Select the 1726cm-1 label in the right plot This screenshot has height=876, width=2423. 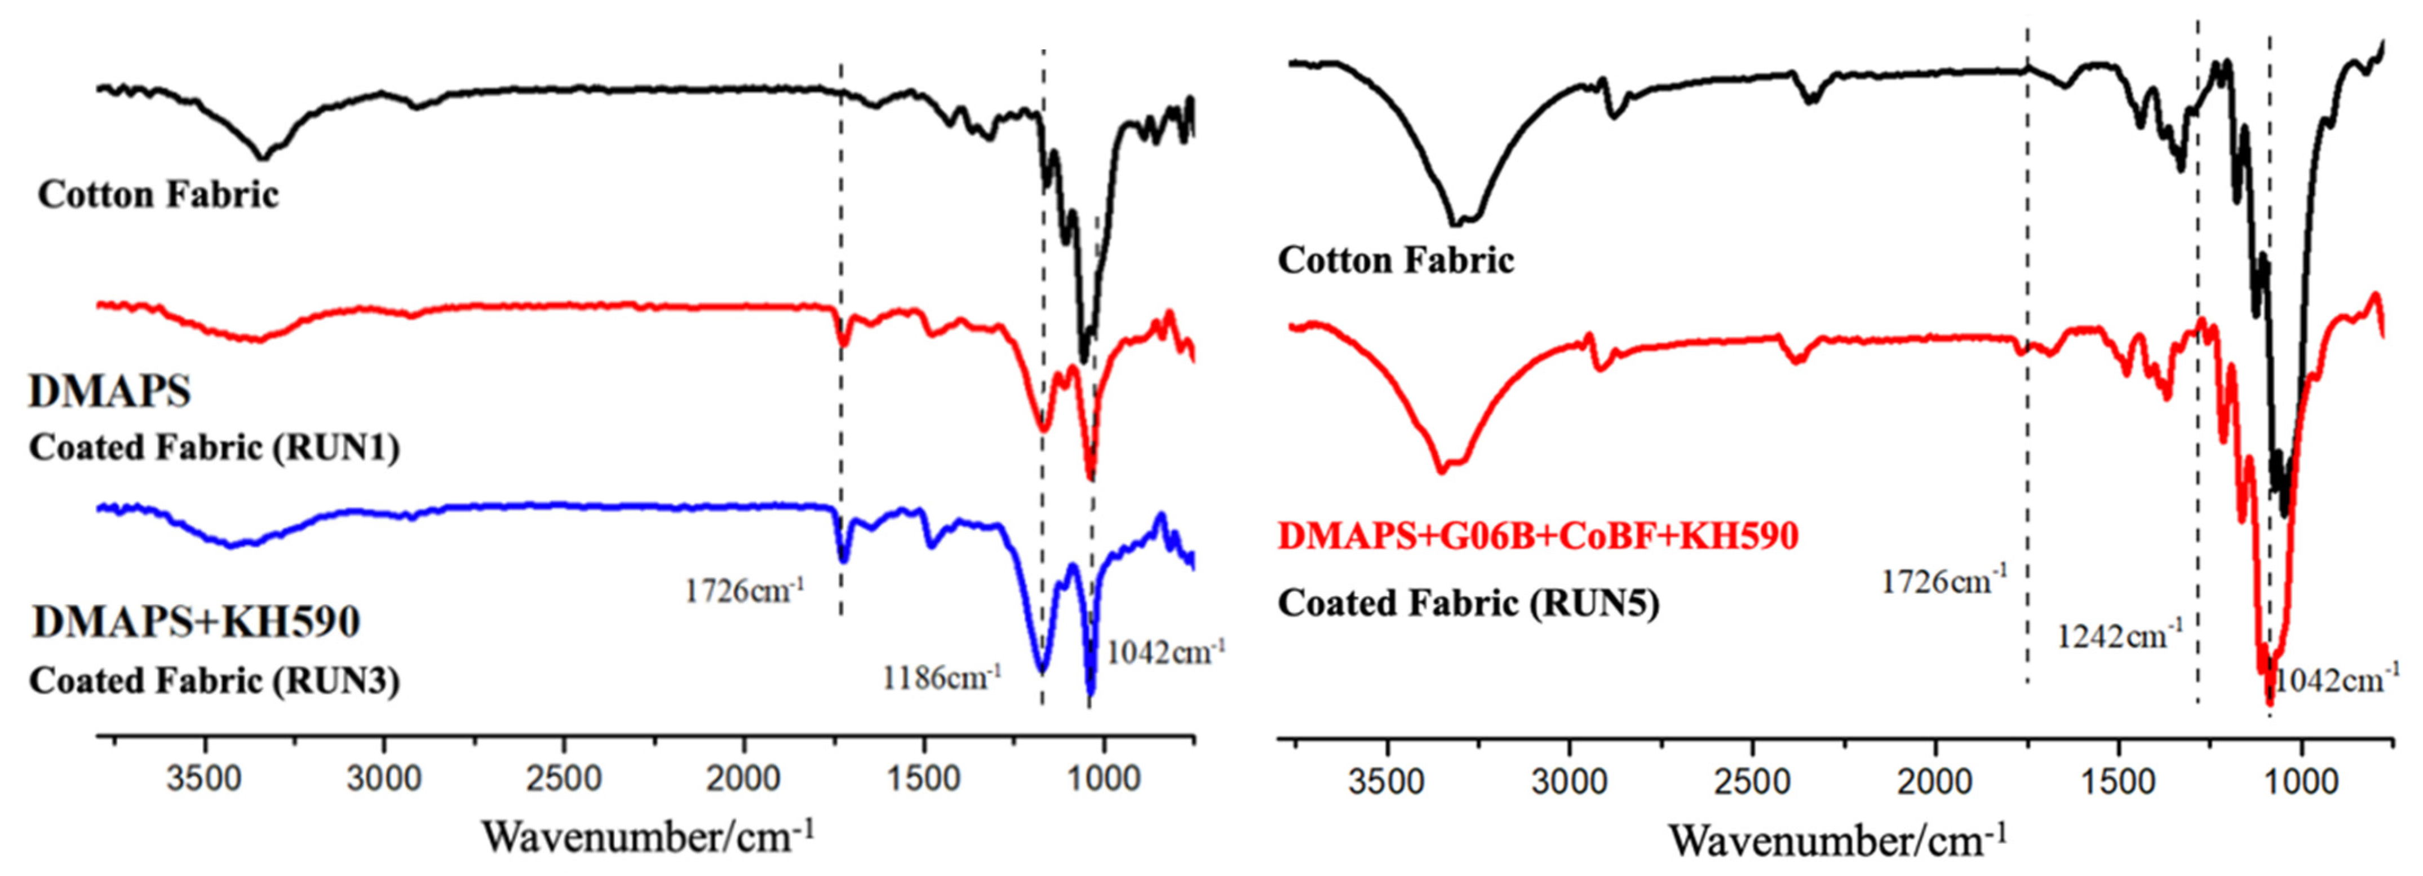(1943, 580)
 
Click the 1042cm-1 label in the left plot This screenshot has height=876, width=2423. (1166, 651)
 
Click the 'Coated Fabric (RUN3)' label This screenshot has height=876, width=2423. (215, 680)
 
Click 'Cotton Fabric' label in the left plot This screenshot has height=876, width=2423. (158, 195)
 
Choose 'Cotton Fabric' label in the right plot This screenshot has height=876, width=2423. (1396, 259)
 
